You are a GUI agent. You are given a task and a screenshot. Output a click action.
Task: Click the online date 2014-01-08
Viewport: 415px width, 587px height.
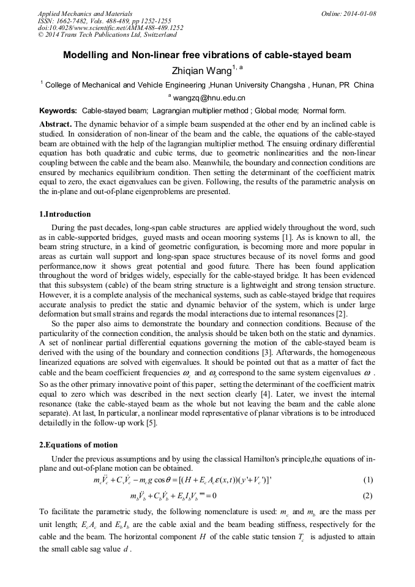click(x=356, y=13)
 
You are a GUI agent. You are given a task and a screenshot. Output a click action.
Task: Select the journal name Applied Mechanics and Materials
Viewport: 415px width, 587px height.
click(x=85, y=13)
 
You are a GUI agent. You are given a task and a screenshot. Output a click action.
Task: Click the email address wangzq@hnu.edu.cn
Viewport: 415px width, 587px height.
click(x=209, y=98)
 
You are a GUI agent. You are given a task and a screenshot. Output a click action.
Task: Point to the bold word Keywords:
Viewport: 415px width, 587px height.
click(x=58, y=111)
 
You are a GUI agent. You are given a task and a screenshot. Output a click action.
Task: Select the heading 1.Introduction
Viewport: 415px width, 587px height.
click(x=65, y=214)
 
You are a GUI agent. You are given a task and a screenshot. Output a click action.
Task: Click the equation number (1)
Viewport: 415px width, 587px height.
click(x=368, y=479)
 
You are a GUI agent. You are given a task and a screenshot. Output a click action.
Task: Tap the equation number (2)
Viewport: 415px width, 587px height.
click(x=368, y=495)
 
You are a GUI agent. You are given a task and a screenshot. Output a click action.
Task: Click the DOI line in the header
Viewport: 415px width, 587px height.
click(x=110, y=28)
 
